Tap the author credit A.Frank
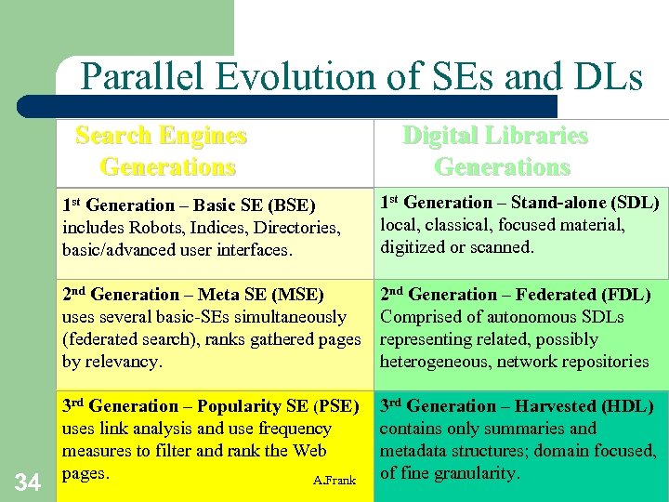click(334, 480)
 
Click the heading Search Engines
click(161, 136)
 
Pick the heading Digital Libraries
click(495, 136)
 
